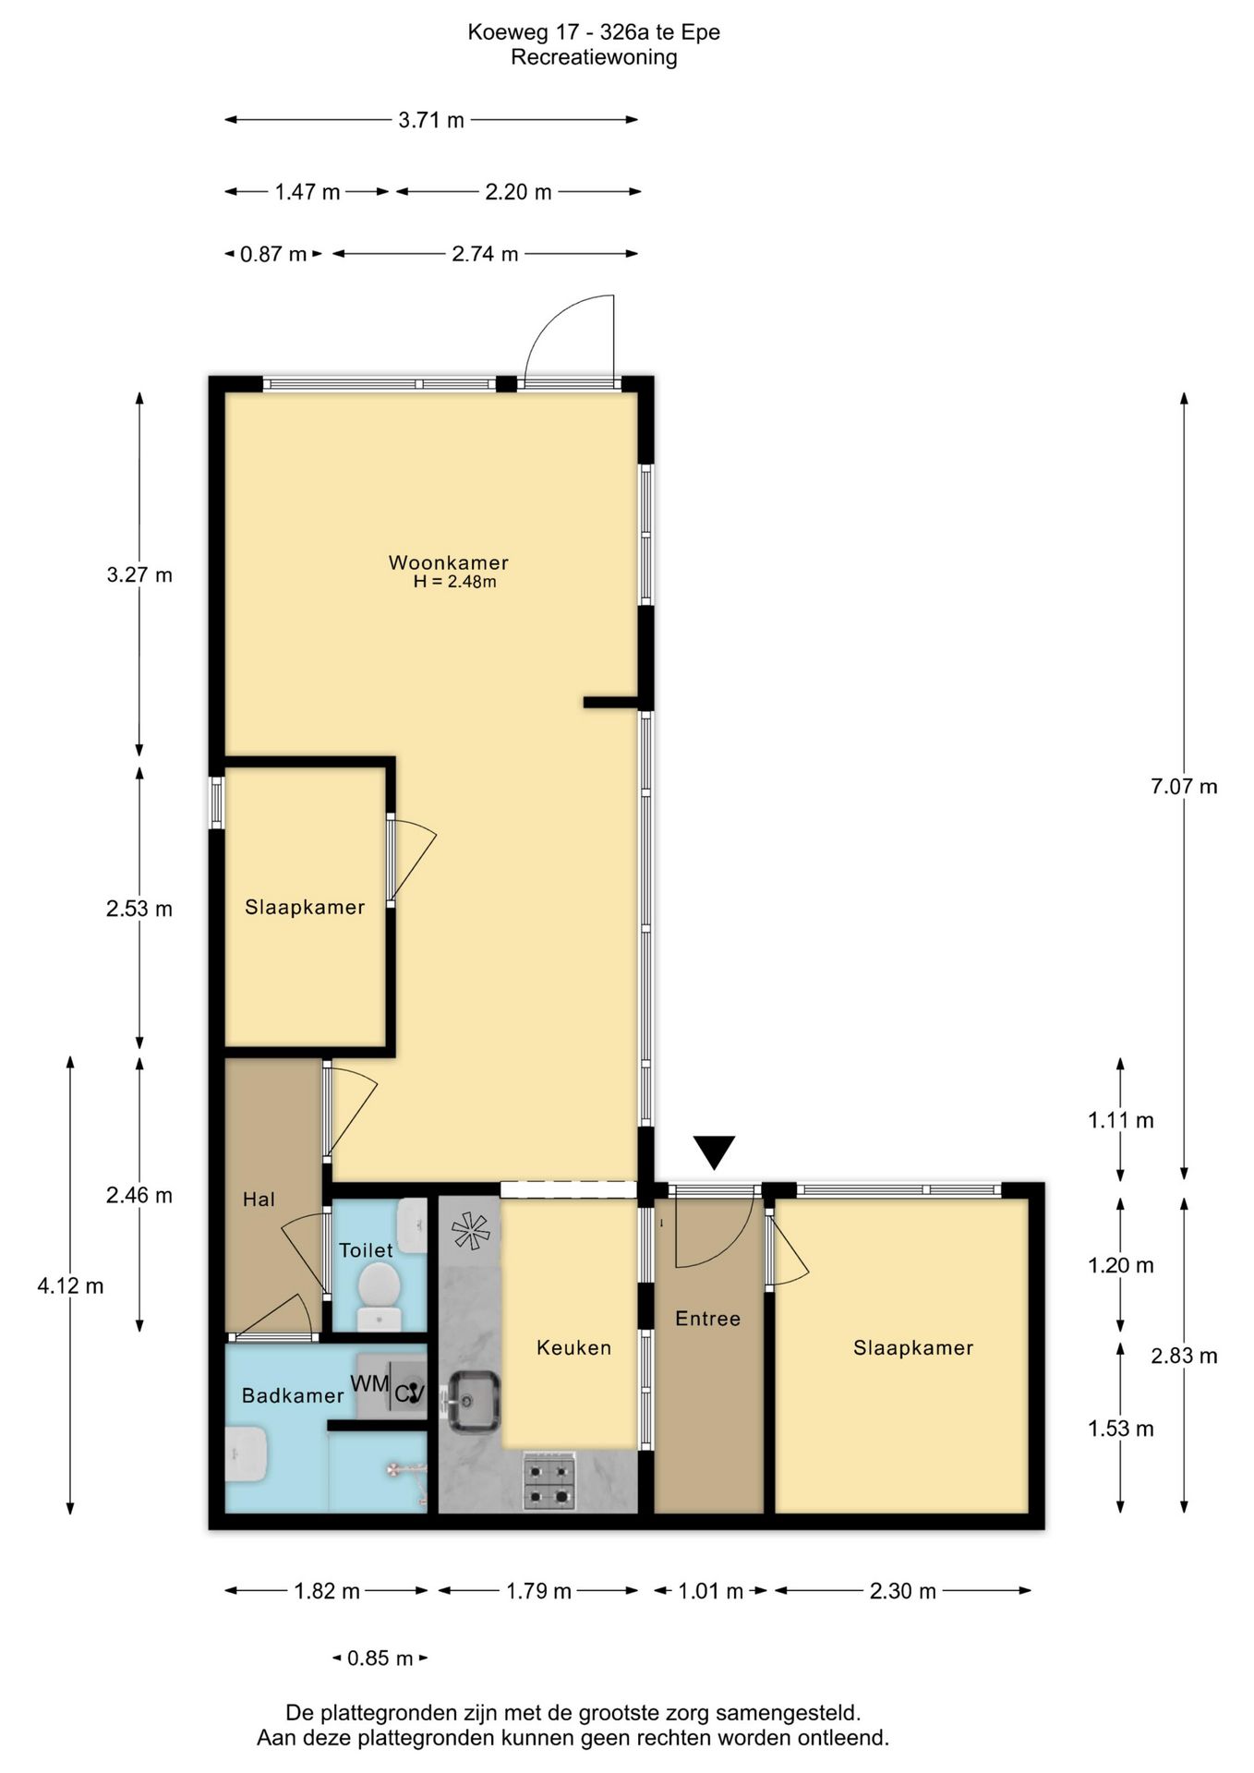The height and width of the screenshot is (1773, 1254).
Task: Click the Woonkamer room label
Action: point(448,562)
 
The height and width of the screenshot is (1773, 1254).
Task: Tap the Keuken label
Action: point(573,1347)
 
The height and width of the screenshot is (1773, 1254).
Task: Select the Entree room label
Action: point(707,1319)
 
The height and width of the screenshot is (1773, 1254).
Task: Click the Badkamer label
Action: point(292,1395)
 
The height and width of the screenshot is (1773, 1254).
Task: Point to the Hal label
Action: point(259,1200)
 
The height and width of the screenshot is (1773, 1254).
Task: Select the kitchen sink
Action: point(475,1401)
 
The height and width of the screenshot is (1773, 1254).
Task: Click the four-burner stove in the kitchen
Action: point(550,1481)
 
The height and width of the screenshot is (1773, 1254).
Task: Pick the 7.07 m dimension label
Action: point(1184,787)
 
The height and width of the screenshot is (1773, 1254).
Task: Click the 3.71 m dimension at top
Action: point(431,120)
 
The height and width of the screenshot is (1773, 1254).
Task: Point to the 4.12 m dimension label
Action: point(70,1285)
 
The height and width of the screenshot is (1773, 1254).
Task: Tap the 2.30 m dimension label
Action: point(902,1591)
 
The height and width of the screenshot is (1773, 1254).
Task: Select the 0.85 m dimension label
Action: point(380,1658)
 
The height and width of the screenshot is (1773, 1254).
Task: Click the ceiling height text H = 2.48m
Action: point(454,582)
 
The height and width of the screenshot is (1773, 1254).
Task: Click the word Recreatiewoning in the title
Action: point(594,57)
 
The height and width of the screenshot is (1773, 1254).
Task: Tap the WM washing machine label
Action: point(369,1383)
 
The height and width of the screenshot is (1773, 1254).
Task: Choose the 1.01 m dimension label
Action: point(710,1591)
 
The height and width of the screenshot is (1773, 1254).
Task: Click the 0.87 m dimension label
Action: point(272,254)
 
